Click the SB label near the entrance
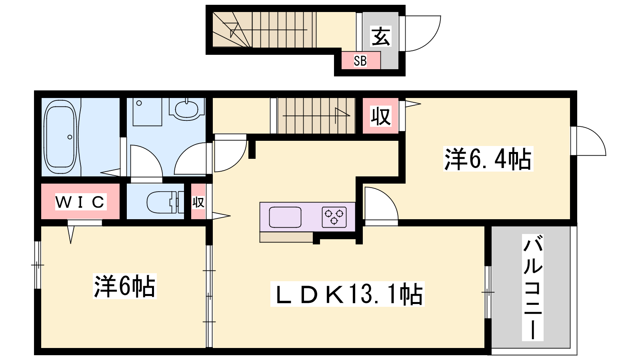360,61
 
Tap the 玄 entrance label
380,36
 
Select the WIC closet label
80,202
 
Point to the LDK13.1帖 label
348,294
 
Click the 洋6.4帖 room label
488,158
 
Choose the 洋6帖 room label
124,286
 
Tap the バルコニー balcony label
532,288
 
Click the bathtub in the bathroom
60,137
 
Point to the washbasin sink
186,110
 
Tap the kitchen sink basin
285,217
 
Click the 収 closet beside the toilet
198,202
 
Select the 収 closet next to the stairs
380,116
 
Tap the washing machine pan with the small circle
148,112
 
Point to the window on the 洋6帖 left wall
38,265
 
